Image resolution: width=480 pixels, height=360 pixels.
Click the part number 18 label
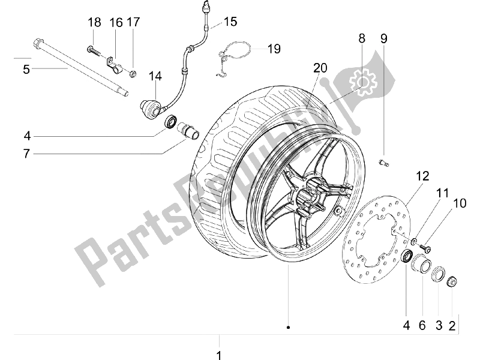tap(94, 22)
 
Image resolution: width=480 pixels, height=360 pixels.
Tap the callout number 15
tap(230, 22)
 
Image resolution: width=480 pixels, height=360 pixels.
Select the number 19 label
tap(274, 49)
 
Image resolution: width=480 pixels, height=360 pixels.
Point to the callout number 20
tap(320, 68)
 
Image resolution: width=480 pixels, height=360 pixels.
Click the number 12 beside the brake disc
tap(422, 176)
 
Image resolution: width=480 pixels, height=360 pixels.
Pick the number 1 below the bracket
tap(218, 355)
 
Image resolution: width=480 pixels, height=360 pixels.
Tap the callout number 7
tap(27, 154)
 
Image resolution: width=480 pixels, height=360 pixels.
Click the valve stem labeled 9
tap(383, 163)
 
